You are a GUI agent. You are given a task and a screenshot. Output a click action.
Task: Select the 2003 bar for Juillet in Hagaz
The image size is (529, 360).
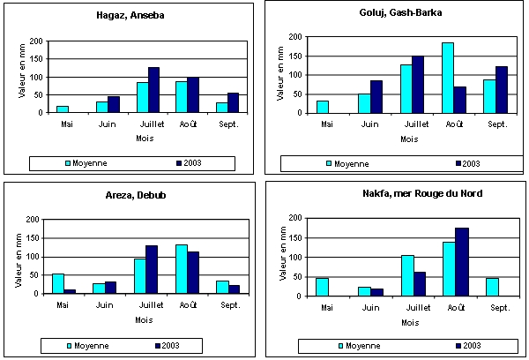point(153,90)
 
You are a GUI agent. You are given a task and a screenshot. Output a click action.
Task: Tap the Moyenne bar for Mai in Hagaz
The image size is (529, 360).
point(62,109)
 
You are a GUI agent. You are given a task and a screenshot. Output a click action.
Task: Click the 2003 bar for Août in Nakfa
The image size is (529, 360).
point(461,262)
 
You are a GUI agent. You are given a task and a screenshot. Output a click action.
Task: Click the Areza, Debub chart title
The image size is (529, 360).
point(130,193)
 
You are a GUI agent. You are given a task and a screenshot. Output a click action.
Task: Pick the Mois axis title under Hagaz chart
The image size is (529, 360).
point(144,139)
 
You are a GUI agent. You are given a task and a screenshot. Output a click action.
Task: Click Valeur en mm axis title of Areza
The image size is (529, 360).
point(21,257)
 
